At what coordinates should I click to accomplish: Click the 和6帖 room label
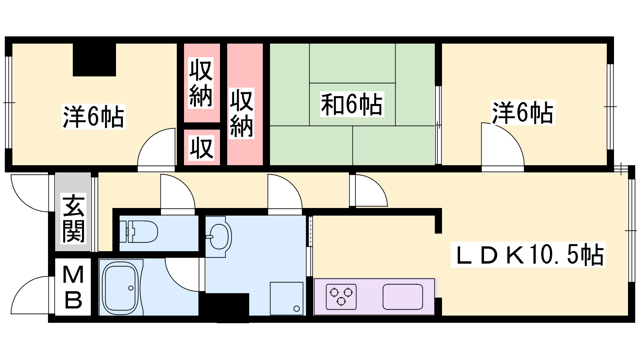coord(352,104)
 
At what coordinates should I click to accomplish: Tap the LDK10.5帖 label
coord(528,254)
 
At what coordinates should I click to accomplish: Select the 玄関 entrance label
coord(74,218)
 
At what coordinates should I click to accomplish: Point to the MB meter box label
coord(73,287)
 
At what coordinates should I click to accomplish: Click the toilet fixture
coord(138,231)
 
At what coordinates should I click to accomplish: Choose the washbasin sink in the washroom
coord(218,236)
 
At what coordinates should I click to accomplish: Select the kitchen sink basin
coord(403,296)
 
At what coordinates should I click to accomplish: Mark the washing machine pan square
coord(286,298)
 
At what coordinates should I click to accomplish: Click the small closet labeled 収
coord(202,148)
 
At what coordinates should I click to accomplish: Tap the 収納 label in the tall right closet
coord(242,114)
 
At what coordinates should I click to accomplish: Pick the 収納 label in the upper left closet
coord(201,82)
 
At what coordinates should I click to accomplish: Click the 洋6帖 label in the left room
coord(94,116)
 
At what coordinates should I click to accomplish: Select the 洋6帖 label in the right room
coord(523,112)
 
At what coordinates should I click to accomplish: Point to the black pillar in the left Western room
coord(94,60)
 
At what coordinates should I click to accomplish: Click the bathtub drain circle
coord(131,288)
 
